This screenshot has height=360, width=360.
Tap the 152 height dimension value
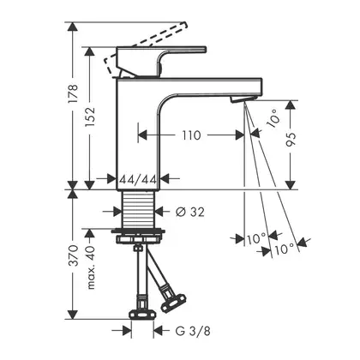point(89,117)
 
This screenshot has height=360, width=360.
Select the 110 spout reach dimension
point(191,135)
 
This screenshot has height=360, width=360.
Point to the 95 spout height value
point(291,140)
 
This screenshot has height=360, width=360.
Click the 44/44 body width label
point(138,179)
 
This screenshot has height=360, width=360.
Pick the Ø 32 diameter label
point(190,212)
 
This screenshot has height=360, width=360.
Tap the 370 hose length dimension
point(74,255)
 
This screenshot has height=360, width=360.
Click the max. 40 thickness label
point(91,267)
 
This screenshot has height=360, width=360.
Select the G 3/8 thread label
point(193,331)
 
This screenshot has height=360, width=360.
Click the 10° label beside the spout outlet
point(273,117)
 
